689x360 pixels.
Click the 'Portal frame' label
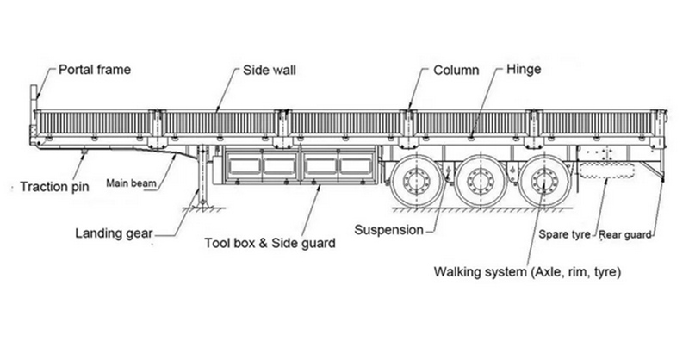94,69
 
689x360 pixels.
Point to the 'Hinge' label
525,69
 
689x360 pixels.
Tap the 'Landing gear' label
114,232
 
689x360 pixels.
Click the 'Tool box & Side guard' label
270,244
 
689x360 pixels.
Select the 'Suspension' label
389,230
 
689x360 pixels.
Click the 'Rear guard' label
627,233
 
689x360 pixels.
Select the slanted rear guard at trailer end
656,170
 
